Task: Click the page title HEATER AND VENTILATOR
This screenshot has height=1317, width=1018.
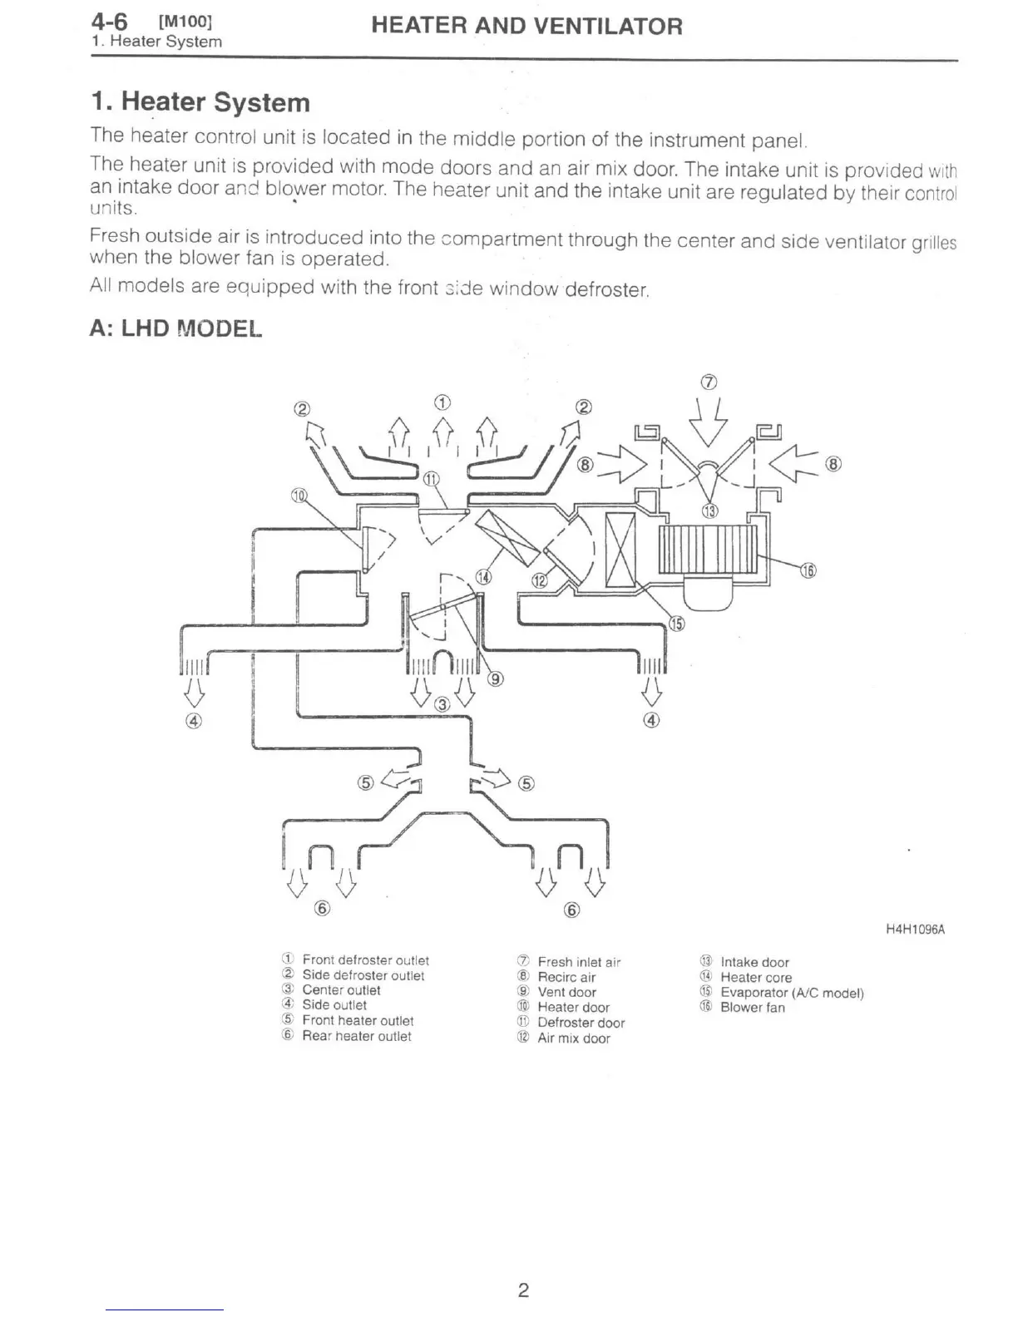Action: tap(526, 27)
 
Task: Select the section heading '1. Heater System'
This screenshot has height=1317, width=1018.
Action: tap(200, 102)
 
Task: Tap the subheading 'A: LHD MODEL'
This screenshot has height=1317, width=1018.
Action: tap(175, 328)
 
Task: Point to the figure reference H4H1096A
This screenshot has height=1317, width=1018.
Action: tap(915, 930)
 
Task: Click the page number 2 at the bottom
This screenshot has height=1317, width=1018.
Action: tap(523, 1290)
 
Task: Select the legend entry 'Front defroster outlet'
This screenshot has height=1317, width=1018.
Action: tap(365, 960)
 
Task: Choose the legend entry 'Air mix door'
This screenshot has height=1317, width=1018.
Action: tap(573, 1038)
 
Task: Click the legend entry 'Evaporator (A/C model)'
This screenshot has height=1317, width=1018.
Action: tap(791, 993)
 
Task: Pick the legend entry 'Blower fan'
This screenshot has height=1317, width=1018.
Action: tap(752, 1008)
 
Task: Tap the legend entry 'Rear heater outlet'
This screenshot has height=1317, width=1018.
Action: tap(356, 1036)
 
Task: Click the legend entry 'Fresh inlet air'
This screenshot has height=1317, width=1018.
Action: tap(579, 962)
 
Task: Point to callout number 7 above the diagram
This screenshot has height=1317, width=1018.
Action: tap(709, 382)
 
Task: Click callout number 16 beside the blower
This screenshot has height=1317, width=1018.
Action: tap(808, 570)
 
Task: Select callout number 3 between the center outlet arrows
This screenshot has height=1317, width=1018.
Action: tap(442, 705)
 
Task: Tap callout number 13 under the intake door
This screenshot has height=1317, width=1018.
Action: tap(709, 511)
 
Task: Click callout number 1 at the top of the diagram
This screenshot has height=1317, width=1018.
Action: tap(442, 402)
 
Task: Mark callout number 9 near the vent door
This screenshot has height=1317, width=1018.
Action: tap(495, 678)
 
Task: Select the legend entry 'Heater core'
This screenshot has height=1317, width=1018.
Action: tap(755, 978)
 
